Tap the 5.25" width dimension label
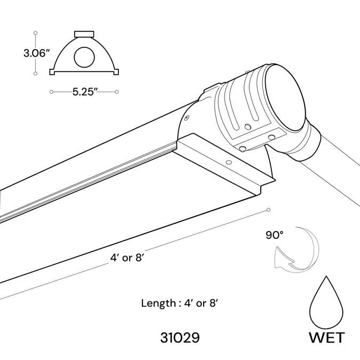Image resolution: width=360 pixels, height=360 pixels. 84,92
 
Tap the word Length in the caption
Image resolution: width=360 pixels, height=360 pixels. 157,303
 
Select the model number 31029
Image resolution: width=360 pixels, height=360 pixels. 180,338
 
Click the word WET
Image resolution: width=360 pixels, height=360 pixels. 327,338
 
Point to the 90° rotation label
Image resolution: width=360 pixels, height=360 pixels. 274,234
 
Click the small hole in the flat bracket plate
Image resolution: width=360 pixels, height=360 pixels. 229,161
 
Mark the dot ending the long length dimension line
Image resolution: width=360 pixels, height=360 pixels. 269,210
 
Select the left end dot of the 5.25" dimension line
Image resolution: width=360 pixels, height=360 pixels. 51,92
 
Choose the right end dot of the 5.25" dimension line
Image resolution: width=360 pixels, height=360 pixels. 117,92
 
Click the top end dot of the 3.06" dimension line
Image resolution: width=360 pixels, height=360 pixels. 35,31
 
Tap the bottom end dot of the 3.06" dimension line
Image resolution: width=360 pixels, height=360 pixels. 35,74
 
